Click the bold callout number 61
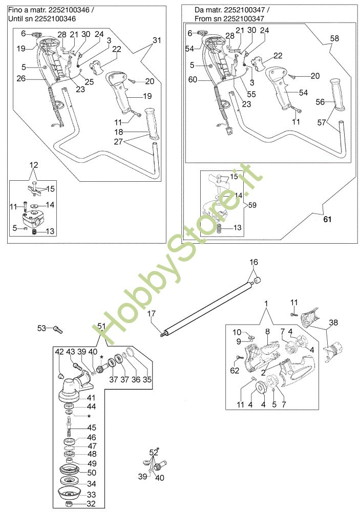(328, 220)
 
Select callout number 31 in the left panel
(157, 39)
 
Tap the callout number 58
(334, 38)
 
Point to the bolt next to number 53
(57, 328)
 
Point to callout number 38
(334, 323)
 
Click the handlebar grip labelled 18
(152, 124)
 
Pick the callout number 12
(33, 165)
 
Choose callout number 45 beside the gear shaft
(92, 428)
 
